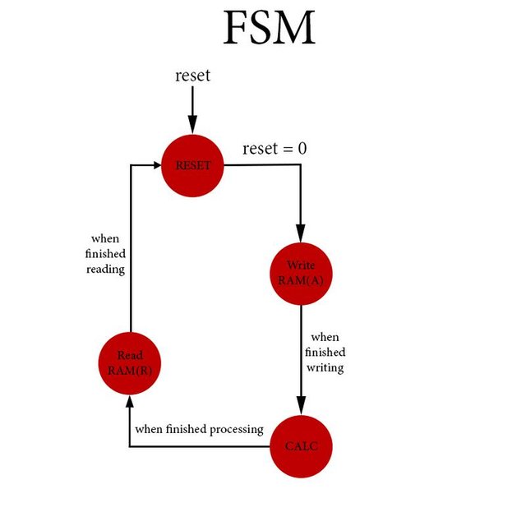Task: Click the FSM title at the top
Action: click(269, 29)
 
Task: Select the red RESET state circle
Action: click(193, 165)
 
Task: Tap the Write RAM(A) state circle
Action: click(301, 273)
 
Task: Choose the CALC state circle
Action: click(301, 446)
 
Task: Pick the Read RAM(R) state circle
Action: click(130, 362)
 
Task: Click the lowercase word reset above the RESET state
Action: click(192, 76)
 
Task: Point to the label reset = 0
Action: click(275, 149)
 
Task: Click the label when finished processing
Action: click(199, 429)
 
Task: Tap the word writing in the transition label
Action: click(325, 367)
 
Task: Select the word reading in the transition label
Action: click(105, 269)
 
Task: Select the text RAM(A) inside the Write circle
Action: click(301, 280)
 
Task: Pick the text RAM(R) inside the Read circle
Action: click(130, 370)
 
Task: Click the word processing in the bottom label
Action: click(236, 430)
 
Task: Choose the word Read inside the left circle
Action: click(130, 355)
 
